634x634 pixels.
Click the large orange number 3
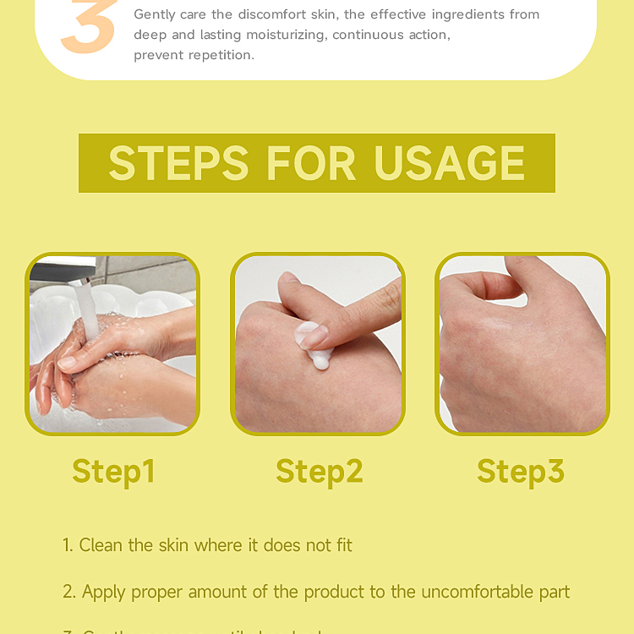[89, 30]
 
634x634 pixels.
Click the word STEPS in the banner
[178, 163]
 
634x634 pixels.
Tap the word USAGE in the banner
[450, 163]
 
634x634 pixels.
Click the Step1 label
[113, 471]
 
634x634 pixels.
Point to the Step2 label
[319, 471]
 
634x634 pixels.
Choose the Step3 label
[520, 471]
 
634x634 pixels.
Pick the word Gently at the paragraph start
[156, 14]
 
